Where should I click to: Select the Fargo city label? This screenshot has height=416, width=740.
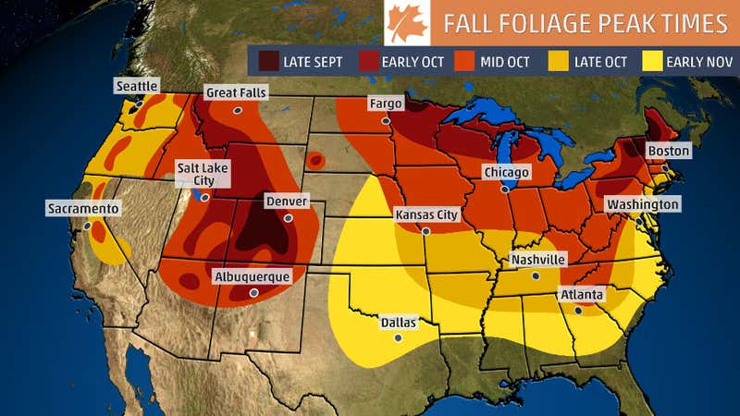(x=386, y=104)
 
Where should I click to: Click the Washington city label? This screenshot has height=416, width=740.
(x=643, y=203)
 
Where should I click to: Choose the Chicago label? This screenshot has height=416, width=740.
(x=506, y=172)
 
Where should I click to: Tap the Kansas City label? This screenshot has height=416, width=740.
(x=426, y=214)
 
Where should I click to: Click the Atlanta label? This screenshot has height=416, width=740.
(x=581, y=295)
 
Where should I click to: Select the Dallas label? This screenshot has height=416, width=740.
(x=399, y=323)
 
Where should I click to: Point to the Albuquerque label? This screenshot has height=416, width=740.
(x=252, y=276)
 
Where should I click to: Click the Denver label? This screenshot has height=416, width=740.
(x=286, y=201)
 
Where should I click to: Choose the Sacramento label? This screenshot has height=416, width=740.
(x=83, y=209)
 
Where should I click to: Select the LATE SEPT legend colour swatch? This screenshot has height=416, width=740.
(x=269, y=62)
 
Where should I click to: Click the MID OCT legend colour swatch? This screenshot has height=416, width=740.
(x=465, y=62)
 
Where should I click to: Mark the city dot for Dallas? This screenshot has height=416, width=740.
(x=399, y=338)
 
